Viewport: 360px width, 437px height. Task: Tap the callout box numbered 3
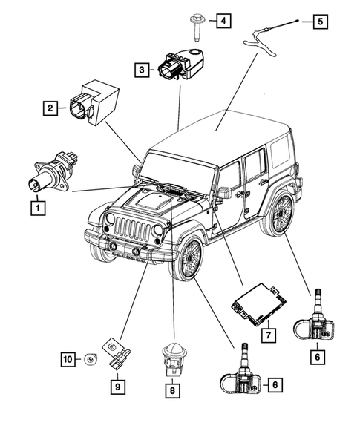pos(140,70)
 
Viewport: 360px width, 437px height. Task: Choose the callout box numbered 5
pos(318,22)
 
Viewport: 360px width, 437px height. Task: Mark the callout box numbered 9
pos(117,385)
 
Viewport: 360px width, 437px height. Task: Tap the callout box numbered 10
pos(68,361)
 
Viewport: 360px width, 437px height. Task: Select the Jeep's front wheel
pos(188,260)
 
